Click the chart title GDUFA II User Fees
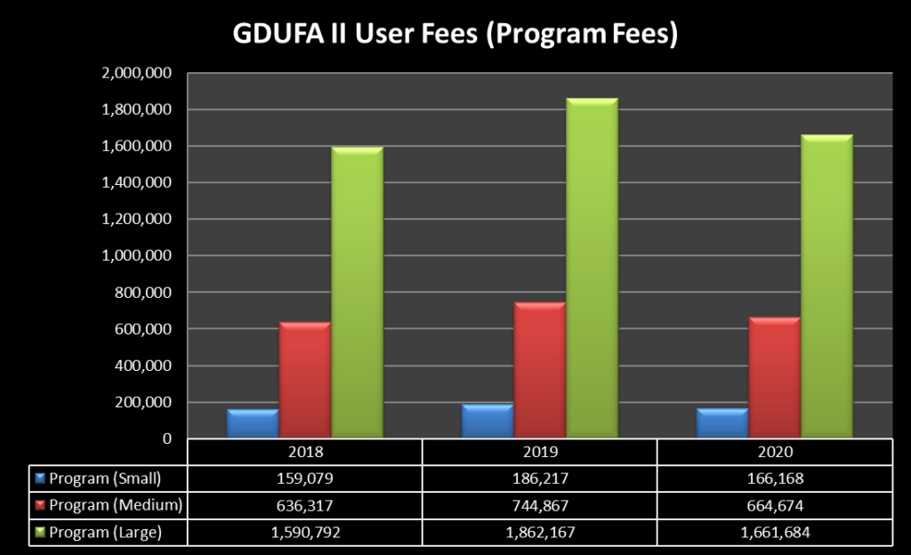point(455,34)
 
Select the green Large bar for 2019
point(592,267)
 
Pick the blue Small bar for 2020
point(722,422)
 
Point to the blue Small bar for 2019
point(487,421)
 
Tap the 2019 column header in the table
point(539,452)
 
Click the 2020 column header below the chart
point(774,452)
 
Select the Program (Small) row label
point(105,479)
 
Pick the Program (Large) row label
point(105,533)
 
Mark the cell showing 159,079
point(304,479)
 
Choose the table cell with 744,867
point(539,505)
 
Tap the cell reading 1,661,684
point(774,533)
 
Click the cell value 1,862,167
point(539,533)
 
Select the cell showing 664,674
point(774,505)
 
